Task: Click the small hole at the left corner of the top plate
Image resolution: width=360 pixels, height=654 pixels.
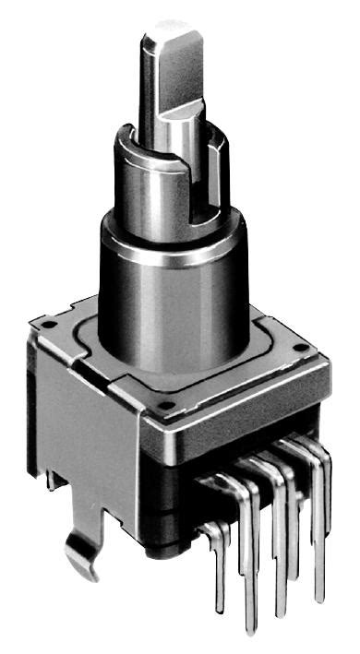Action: [45, 324]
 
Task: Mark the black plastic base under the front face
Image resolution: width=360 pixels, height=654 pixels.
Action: [175, 517]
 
